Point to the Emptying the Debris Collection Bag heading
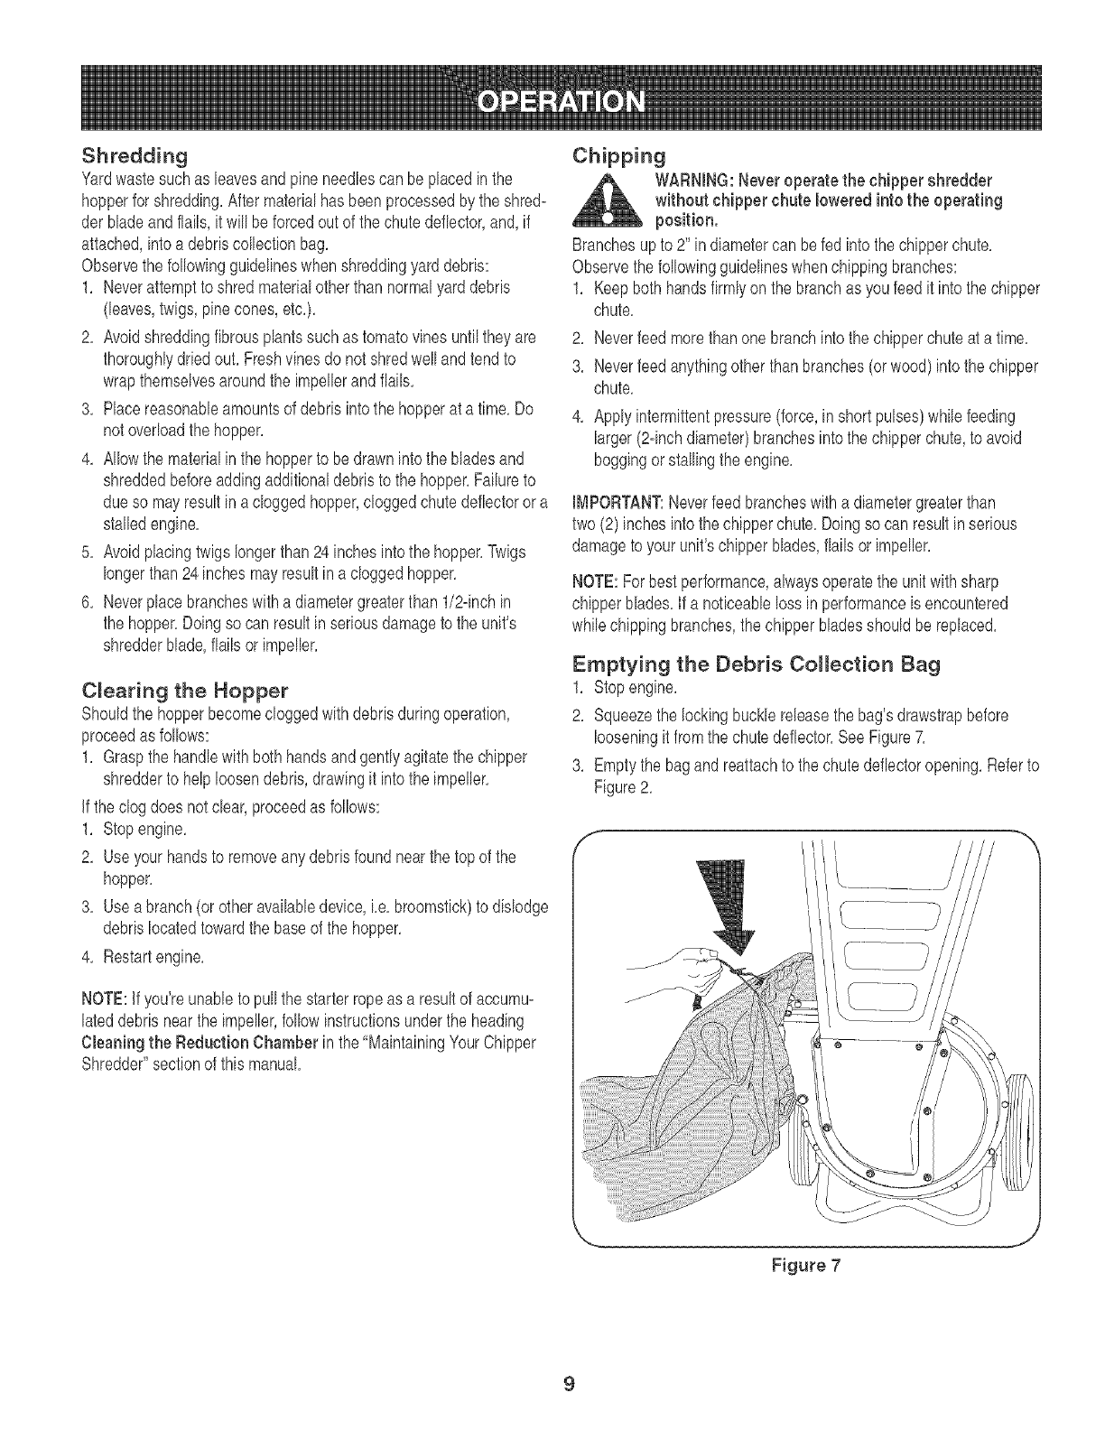point(757,664)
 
